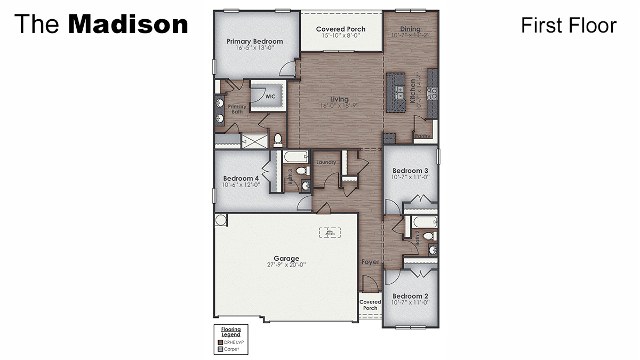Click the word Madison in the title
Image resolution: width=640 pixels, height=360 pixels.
click(128, 25)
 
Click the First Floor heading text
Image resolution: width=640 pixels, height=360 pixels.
click(569, 25)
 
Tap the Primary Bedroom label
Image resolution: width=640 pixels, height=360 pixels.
click(254, 41)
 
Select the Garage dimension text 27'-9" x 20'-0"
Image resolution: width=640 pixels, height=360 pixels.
click(286, 265)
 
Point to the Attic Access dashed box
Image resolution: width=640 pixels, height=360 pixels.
click(330, 233)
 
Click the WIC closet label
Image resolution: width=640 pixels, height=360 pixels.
click(270, 97)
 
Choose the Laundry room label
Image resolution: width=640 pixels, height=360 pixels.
click(326, 162)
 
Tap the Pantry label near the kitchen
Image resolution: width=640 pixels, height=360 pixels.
click(422, 136)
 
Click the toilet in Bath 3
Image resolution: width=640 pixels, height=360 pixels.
click(301, 171)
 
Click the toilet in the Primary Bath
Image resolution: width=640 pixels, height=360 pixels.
click(277, 140)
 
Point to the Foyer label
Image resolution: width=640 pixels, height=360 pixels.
click(370, 262)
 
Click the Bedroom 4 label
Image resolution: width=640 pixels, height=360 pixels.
click(241, 178)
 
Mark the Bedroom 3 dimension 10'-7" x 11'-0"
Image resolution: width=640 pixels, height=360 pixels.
click(411, 177)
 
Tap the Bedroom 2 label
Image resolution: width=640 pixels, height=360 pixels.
click(410, 296)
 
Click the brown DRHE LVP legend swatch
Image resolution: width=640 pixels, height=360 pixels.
click(220, 341)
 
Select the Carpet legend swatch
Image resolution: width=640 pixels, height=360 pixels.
click(220, 349)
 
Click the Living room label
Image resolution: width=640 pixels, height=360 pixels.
click(339, 99)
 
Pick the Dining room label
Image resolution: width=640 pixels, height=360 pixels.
click(410, 29)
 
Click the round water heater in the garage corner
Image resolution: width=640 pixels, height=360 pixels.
click(221, 220)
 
